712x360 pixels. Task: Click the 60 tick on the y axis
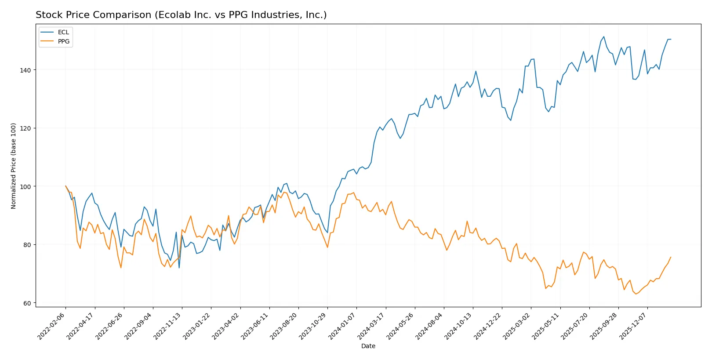[28, 303]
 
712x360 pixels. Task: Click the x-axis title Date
[368, 346]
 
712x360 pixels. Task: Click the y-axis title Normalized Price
[13, 166]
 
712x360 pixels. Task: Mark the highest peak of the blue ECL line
[603, 36]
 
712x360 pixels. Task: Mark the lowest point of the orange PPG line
[636, 294]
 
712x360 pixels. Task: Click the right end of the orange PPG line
[671, 257]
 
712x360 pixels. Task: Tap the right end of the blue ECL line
[671, 39]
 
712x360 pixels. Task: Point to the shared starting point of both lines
[65, 186]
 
